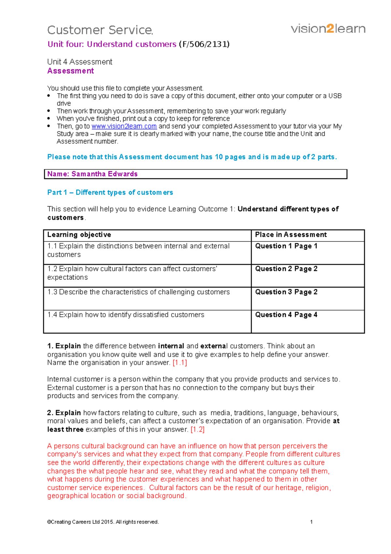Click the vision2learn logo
328,29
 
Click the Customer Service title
100,30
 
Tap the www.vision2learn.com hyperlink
124,126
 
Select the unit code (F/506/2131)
204,44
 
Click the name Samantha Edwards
104,174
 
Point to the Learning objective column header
79,235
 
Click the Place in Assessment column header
291,235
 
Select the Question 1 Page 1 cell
286,246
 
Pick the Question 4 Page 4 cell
286,315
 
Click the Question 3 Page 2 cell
286,292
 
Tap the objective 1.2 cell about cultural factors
132,273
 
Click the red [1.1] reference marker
180,363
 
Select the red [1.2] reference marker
197,429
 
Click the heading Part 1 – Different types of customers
110,192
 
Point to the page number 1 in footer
311,522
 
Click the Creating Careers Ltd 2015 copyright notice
103,522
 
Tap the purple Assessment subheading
70,71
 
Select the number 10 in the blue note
218,157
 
